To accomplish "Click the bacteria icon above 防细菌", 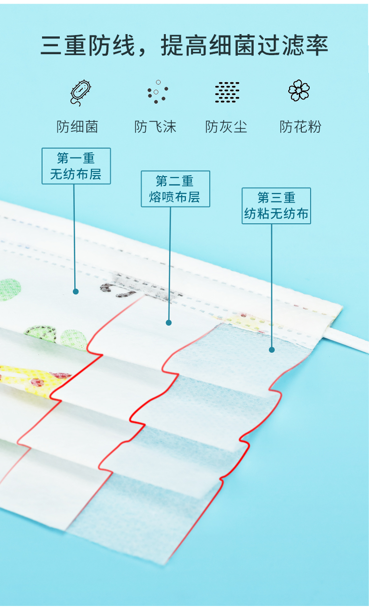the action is click(80, 92).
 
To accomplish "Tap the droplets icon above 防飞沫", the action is click(156, 92).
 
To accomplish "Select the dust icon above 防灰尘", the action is click(227, 92).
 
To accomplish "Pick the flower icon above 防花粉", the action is click(299, 91).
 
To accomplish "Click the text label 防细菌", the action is click(78, 127).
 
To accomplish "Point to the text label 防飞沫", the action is click(156, 127).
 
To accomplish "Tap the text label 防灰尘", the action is click(227, 127).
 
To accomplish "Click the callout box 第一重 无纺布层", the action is click(76, 166).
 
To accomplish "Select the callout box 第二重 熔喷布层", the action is click(175, 189).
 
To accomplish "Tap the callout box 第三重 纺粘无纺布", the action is click(276, 206).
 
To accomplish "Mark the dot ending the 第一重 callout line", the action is click(76, 292).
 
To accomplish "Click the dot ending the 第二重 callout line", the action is click(169, 322).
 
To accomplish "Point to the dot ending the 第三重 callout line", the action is click(272, 349).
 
